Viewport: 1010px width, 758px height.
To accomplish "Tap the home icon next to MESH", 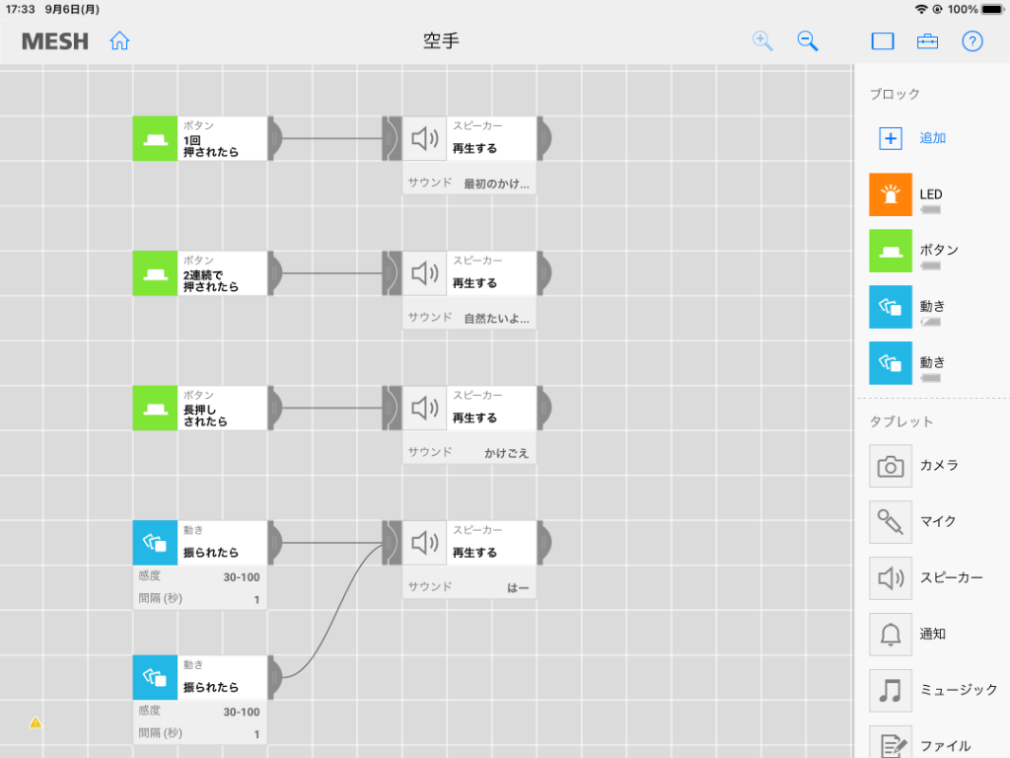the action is click(x=119, y=40).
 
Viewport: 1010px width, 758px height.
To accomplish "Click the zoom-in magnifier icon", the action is click(x=762, y=40).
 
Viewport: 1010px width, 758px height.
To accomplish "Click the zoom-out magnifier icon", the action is click(x=807, y=40).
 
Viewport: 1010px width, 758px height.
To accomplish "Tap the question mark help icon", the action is click(x=972, y=41).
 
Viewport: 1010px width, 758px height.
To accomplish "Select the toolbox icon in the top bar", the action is click(x=927, y=41).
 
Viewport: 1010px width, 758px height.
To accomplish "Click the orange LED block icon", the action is click(x=891, y=194).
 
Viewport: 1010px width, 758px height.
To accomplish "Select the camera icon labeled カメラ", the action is click(x=891, y=466).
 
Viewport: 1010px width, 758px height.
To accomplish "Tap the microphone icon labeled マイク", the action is click(x=891, y=521).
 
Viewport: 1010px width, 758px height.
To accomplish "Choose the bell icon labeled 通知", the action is click(x=891, y=635).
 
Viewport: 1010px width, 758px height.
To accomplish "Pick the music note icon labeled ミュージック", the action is click(x=891, y=690).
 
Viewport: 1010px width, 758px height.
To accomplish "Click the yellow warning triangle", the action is click(x=36, y=722).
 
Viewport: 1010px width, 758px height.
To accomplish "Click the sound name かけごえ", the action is click(x=506, y=453).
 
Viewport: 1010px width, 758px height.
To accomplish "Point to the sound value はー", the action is click(x=518, y=588).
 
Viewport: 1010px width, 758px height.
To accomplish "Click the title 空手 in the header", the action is click(x=441, y=41).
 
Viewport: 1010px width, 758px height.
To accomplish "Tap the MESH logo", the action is click(x=55, y=41).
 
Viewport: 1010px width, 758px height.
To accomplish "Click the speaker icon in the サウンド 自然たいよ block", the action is click(x=424, y=273).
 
